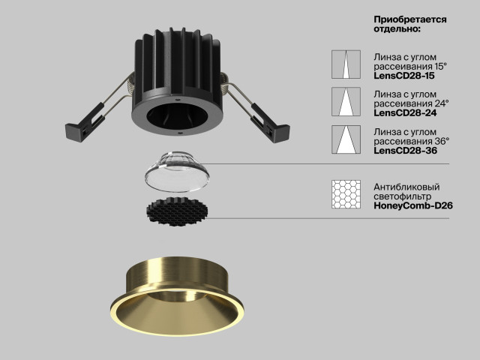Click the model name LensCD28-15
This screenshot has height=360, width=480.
(403, 76)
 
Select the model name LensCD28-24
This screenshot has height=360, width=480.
(405, 112)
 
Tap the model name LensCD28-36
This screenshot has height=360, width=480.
(405, 150)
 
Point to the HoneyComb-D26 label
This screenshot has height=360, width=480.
(413, 205)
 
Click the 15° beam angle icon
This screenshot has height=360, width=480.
(346, 64)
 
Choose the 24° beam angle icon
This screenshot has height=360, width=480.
(346, 102)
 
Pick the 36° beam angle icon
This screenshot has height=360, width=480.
(346, 139)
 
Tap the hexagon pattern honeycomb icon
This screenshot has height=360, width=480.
(346, 194)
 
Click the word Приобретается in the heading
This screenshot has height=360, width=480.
(410, 20)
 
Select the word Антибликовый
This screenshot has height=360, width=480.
(406, 187)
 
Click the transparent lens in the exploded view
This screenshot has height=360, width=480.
(177, 172)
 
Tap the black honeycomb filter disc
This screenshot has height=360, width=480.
(177, 211)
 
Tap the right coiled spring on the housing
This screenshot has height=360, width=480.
(226, 82)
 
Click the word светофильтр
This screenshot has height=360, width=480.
(403, 196)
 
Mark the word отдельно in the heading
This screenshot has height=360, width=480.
(396, 29)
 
